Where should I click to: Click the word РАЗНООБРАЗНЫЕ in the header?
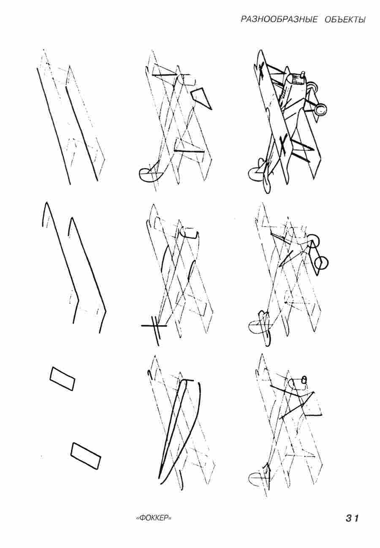tap(279, 19)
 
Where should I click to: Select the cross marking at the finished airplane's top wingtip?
tap(262, 69)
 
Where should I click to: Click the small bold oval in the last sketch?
tap(304, 379)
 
